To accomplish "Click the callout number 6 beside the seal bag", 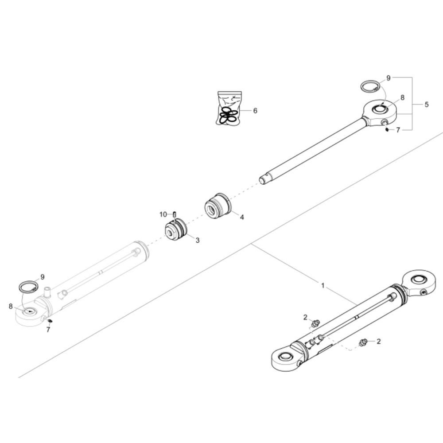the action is point(255,110).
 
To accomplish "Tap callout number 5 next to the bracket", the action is point(427,105).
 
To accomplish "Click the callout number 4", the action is point(242,217).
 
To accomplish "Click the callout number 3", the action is point(198,240).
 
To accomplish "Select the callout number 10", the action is point(163,214).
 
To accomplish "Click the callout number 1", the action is point(323,286).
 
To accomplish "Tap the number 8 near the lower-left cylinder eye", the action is point(11,306).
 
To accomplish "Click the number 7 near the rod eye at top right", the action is point(398,130).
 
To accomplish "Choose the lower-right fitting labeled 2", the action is point(364,342).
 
